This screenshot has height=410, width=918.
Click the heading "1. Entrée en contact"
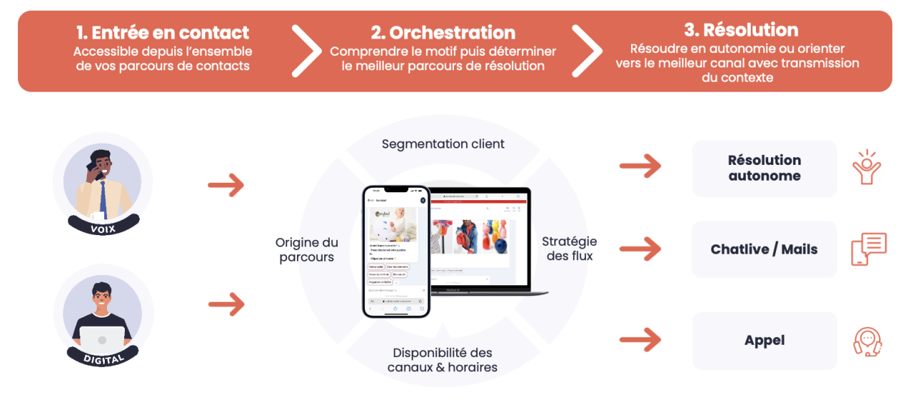(x=163, y=33)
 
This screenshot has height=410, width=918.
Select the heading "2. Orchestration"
(x=443, y=33)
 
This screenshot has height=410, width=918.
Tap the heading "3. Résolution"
(x=741, y=30)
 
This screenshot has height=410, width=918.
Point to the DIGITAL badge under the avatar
(x=103, y=358)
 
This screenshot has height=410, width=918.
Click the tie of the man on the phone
(x=103, y=198)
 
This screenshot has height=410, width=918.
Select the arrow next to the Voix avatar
(x=226, y=186)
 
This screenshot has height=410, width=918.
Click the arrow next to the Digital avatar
(x=226, y=305)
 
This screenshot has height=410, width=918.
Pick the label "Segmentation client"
(x=443, y=144)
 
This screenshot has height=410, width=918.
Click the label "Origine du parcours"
(x=307, y=250)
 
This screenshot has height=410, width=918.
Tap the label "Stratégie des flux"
(x=569, y=248)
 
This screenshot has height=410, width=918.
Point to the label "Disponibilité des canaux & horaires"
(x=443, y=360)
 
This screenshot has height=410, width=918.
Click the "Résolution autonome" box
(x=765, y=168)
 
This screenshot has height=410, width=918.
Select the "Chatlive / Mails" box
(x=765, y=249)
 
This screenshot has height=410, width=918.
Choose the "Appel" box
(x=765, y=340)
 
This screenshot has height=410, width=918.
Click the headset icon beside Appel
(x=867, y=341)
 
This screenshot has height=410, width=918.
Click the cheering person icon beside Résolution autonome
(x=866, y=168)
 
